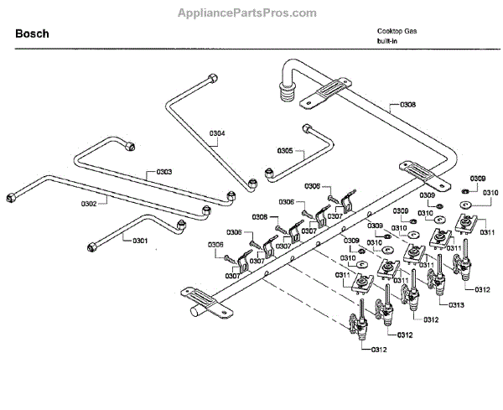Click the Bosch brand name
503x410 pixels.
pos(32,34)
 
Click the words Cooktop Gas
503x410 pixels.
pos(397,31)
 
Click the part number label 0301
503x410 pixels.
pos(139,241)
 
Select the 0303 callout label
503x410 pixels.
pos(163,172)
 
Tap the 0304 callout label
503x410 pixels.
pos(217,133)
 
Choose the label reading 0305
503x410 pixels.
pos(285,152)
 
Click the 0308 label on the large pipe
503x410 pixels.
pos(407,105)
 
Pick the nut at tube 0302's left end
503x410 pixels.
pos(11,198)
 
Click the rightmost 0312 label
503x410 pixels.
pos(481,289)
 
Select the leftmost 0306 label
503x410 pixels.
pos(215,245)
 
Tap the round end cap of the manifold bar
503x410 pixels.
pos(194,312)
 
